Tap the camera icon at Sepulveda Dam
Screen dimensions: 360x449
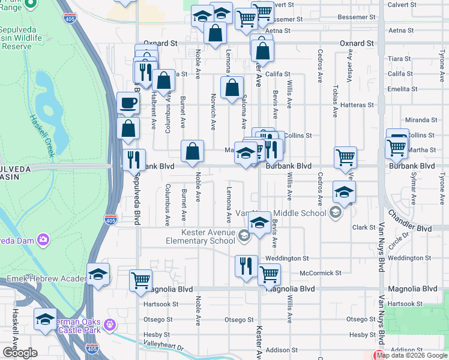[43, 240]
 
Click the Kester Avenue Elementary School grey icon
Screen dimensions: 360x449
[244, 236]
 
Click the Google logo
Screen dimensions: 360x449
[20, 353]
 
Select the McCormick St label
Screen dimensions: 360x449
[321, 273]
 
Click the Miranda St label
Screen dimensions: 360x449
[420, 120]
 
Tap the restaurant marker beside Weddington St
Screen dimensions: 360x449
[246, 266]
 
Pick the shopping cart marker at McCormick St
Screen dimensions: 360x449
[269, 274]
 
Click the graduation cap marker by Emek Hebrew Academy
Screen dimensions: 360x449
[98, 274]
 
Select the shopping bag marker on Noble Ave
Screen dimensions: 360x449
[193, 152]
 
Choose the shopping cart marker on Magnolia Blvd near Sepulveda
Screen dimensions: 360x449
[140, 280]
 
